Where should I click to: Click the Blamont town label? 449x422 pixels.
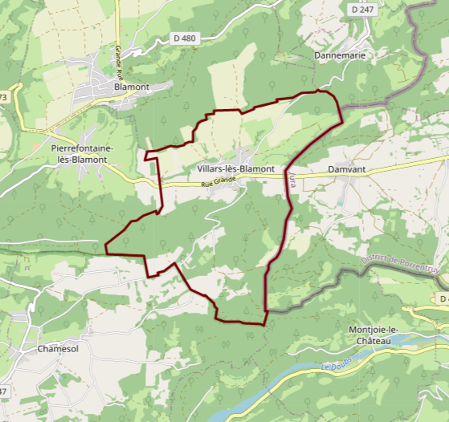(132, 87)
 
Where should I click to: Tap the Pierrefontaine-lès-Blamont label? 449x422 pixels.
(82, 154)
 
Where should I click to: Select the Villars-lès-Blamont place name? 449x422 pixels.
(235, 170)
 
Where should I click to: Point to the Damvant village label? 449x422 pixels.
(347, 170)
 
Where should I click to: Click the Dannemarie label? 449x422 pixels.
(340, 55)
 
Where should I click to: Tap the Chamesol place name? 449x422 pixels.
(58, 350)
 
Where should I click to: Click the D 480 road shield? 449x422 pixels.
(184, 38)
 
